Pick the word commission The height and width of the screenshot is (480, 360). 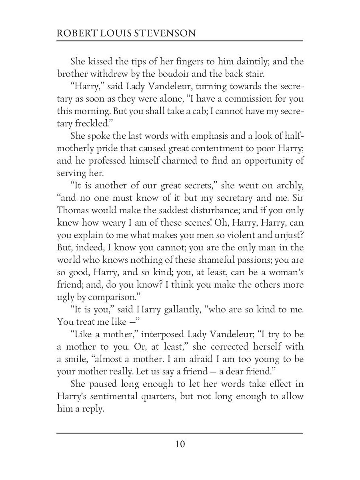pyautogui.click(x=243, y=99)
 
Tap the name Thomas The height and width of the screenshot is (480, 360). pyautogui.click(x=75, y=210)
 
